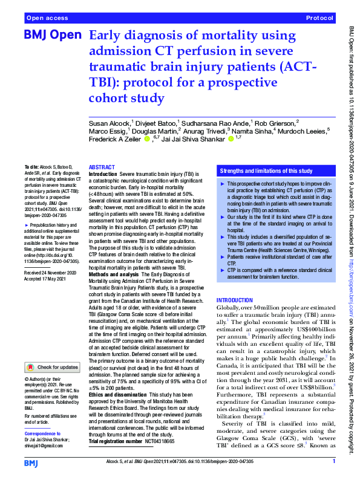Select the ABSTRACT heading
point(101,167)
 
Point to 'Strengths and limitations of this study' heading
point(266,171)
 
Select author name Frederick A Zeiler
point(114,141)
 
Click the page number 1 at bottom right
point(333,462)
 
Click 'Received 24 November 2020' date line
point(51,257)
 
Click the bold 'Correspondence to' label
point(43,435)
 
